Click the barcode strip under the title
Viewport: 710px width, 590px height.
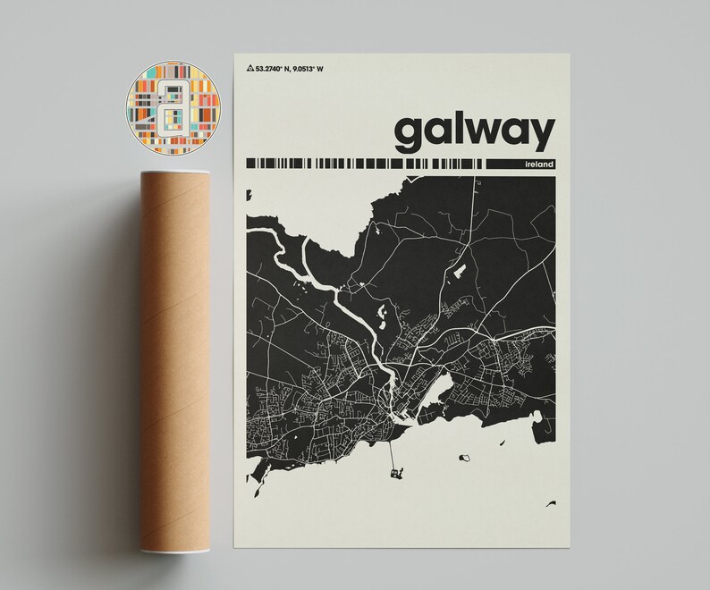tap(367, 164)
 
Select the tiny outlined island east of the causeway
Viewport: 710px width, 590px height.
tap(463, 458)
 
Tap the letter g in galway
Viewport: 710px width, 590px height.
tap(412, 135)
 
